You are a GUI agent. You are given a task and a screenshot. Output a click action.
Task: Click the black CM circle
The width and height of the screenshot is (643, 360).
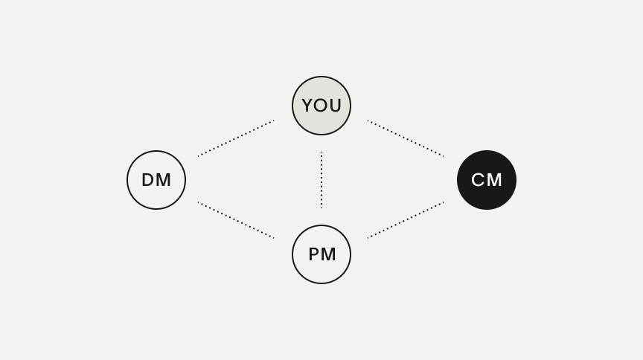(x=487, y=180)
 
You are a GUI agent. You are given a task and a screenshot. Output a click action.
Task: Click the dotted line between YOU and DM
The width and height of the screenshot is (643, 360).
(x=236, y=138)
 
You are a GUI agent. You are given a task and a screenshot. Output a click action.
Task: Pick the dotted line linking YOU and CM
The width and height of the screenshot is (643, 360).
(x=406, y=138)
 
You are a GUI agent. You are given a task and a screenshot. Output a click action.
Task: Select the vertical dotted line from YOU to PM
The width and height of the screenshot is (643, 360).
(x=321, y=180)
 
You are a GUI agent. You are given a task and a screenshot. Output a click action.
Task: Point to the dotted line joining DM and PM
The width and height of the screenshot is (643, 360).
(x=236, y=220)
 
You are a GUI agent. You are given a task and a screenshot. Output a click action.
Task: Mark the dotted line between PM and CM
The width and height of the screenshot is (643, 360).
(x=406, y=220)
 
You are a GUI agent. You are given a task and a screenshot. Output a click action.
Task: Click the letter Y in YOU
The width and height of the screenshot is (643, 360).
(x=308, y=106)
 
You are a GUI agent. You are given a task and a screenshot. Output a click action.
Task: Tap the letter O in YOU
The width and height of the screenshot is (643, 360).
(x=321, y=106)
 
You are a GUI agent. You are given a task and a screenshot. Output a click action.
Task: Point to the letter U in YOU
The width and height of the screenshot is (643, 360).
(x=335, y=106)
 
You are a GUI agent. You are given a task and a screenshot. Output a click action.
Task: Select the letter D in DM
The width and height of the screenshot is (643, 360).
(x=147, y=180)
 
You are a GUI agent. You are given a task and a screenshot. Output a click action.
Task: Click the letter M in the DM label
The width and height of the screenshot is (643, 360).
(x=164, y=180)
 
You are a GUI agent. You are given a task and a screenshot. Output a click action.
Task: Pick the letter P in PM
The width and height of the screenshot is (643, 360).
(x=313, y=254)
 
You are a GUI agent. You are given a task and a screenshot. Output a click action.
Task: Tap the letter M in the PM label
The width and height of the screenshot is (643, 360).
(x=329, y=254)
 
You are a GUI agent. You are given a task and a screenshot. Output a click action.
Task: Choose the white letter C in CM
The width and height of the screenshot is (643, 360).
(x=478, y=180)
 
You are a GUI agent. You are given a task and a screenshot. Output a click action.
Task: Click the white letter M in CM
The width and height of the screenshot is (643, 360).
(x=495, y=180)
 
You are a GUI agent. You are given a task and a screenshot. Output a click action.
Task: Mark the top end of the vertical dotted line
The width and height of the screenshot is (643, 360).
(x=321, y=153)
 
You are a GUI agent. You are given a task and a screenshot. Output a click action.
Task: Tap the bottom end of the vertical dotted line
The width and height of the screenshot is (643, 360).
(x=321, y=207)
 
